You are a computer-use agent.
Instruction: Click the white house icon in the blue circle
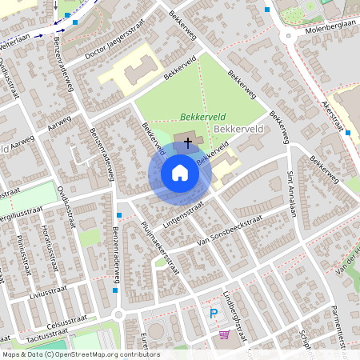click(x=180, y=173)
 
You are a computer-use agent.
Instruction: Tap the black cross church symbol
click(x=188, y=142)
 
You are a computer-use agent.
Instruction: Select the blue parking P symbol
click(x=214, y=314)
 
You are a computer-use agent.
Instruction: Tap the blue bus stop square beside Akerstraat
click(x=348, y=133)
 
